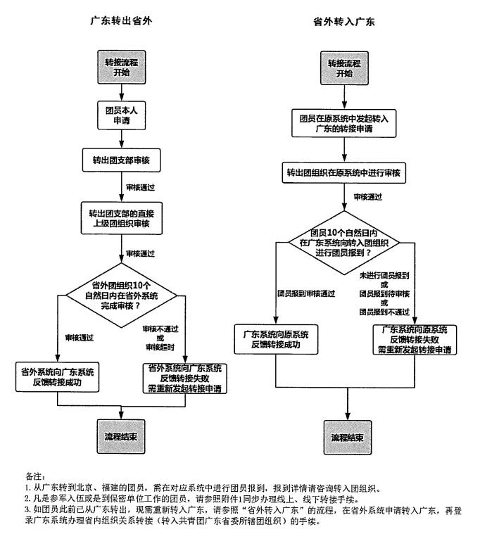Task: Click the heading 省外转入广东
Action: [x=343, y=22]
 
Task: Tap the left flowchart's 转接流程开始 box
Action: [x=121, y=68]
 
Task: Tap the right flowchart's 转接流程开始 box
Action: [x=344, y=68]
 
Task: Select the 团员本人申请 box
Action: [x=121, y=115]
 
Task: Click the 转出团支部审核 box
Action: [x=121, y=161]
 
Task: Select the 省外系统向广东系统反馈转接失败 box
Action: [x=184, y=378]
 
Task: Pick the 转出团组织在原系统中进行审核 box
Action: [x=343, y=172]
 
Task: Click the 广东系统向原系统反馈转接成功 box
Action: [x=276, y=339]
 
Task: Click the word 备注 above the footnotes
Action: [x=34, y=476]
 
